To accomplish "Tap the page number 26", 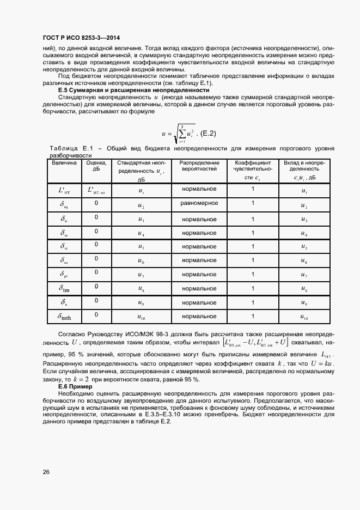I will (x=46, y=472).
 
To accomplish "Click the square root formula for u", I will (x=178, y=132).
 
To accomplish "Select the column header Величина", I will (x=64, y=163).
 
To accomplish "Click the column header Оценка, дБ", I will (x=96, y=166).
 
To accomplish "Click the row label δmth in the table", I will (x=65, y=316).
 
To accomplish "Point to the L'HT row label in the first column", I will (x=64, y=190).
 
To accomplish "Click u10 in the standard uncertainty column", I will (x=141, y=317).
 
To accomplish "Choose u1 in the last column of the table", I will (x=304, y=191).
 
